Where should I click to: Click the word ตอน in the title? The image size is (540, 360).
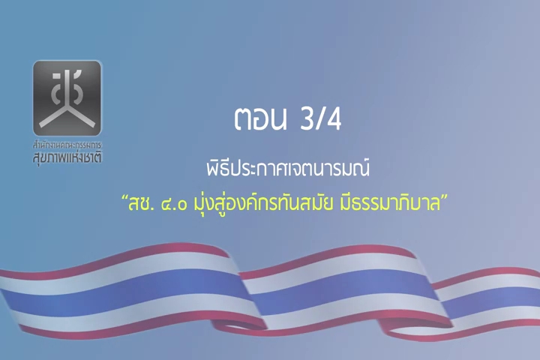pos(260,119)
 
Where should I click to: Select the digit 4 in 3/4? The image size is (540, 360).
pos(333,119)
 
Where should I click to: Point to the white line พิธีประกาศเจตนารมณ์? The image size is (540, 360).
pos(288,169)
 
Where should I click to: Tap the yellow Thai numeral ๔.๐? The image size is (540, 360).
pos(174,204)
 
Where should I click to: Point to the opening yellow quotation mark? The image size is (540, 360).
pos(124,199)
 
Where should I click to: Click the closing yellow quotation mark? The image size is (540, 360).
pos(445,198)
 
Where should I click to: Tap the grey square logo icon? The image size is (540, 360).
pos(67,98)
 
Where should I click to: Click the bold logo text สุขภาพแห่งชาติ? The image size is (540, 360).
pos(67,157)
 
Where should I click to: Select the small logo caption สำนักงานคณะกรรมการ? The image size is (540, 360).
pos(67,145)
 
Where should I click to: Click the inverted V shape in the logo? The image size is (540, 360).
pos(67,116)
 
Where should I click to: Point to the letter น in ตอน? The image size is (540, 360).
pos(277,119)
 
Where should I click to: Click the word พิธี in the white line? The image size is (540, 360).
pos(218,169)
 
